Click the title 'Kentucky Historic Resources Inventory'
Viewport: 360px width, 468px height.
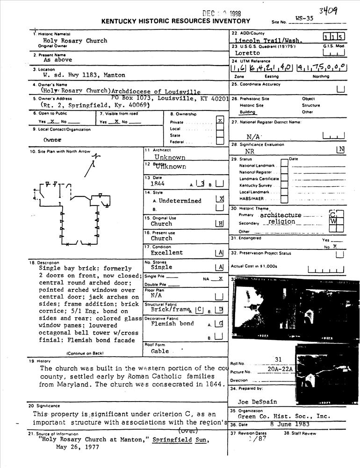[x=176, y=21]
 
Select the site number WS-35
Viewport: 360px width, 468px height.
[x=304, y=19]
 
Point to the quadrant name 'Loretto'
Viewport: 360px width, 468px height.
[x=248, y=53]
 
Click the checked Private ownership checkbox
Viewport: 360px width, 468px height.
[x=220, y=121]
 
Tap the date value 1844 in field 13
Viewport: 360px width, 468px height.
[x=158, y=184]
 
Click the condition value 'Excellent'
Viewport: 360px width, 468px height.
[x=167, y=253]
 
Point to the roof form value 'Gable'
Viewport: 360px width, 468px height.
[x=160, y=351]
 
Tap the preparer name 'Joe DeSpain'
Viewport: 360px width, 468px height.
[x=258, y=402]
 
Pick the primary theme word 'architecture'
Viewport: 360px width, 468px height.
[x=281, y=215]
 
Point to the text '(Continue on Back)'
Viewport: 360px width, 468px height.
[x=85, y=353]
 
